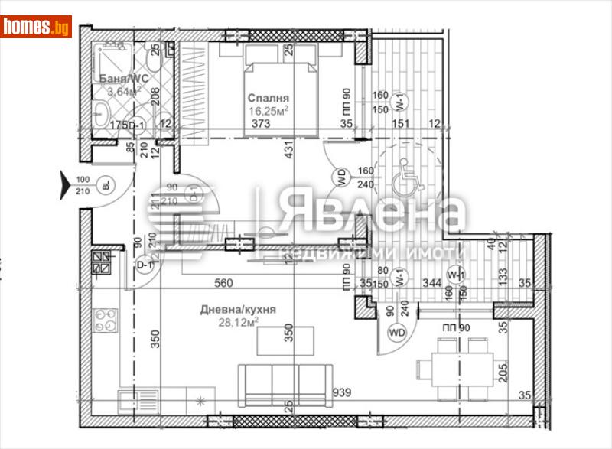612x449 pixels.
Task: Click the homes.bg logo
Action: tap(36, 27)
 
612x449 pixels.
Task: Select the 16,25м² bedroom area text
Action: tap(267, 110)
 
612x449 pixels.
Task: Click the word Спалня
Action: tap(267, 98)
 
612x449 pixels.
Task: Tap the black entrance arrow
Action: tap(66, 184)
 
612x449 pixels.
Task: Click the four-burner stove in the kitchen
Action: tap(106, 319)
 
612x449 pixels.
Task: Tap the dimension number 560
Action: tap(223, 283)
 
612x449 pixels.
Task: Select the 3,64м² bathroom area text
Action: tap(125, 91)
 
